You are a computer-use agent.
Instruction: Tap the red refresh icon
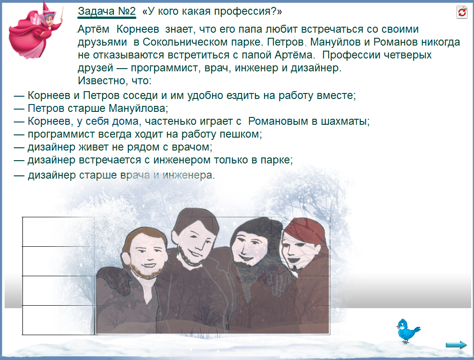point(462,12)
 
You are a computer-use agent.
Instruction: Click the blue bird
point(407,331)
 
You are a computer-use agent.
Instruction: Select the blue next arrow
point(456,344)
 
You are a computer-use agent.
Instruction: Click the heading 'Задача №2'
point(107,11)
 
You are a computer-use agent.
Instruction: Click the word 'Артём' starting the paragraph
point(93,29)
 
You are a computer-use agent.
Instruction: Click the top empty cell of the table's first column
point(58,232)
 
